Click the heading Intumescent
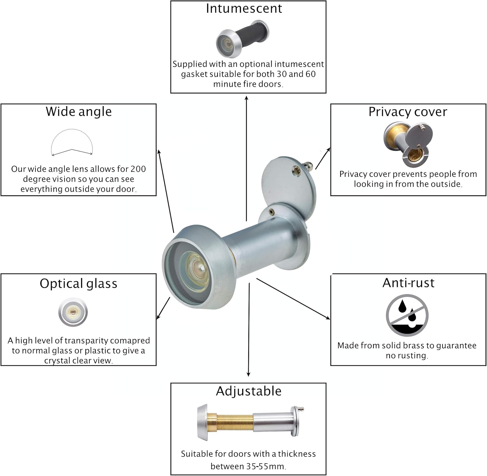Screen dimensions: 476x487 [x=244, y=9]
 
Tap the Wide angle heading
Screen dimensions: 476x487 [x=79, y=112]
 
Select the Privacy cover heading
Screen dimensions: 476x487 [x=408, y=112]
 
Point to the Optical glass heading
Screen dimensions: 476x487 [x=78, y=284]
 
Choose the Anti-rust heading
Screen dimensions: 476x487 [x=408, y=283]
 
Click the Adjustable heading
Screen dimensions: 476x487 [x=249, y=391]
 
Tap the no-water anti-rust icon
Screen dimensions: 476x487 [x=407, y=315]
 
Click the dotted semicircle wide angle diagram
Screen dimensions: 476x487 [x=72, y=143]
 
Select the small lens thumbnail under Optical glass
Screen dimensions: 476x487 [x=73, y=312]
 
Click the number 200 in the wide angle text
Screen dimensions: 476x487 [x=138, y=169]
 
